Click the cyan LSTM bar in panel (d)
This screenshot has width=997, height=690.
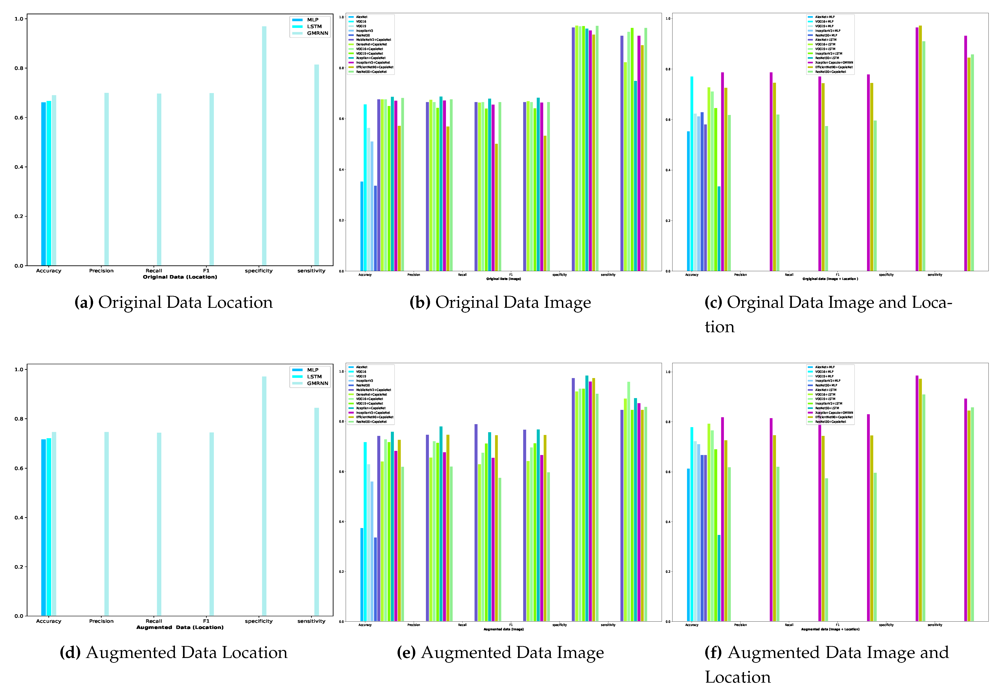click(x=49, y=527)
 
